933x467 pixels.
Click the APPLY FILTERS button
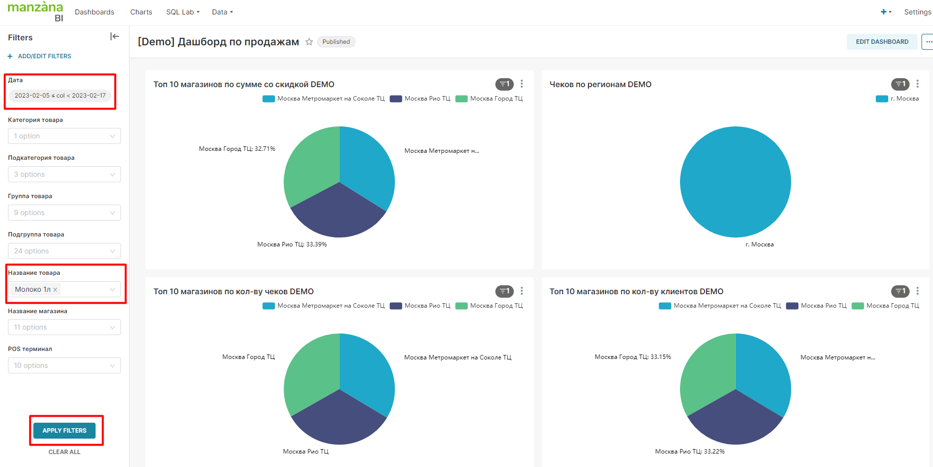64,430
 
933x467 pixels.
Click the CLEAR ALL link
64,452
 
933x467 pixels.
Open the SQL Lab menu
182,12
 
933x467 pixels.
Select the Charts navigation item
141,12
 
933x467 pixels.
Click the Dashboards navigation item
95,12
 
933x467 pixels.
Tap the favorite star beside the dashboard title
309,42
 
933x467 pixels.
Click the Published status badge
336,42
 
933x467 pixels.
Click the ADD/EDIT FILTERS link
44,56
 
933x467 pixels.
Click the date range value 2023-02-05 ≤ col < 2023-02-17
60,96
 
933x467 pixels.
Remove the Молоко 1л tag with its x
55,290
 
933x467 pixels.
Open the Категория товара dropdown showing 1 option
64,136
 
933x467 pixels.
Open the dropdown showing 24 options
64,251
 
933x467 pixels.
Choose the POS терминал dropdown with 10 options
64,365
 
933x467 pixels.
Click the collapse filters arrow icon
115,36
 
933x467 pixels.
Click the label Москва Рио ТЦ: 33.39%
292,244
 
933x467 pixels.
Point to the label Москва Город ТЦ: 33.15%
633,357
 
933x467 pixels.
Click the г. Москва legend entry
898,99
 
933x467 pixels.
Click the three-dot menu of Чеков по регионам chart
918,84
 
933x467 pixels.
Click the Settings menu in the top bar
917,12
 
